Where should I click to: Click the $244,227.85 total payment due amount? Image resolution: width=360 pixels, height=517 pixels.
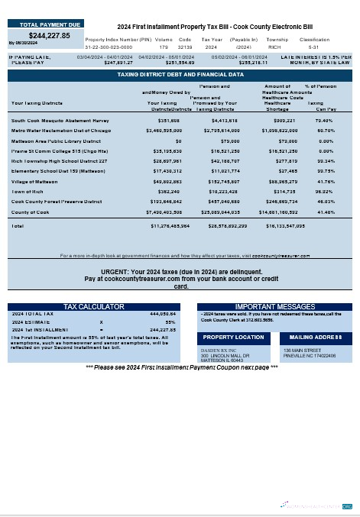[x=50, y=35]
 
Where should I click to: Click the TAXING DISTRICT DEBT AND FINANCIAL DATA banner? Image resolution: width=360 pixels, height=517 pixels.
[x=180, y=75]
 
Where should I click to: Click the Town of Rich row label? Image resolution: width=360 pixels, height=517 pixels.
[x=28, y=192]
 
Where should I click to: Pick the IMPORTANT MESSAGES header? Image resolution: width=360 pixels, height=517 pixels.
[x=270, y=307]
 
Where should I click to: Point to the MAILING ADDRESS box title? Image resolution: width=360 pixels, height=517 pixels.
[x=316, y=337]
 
